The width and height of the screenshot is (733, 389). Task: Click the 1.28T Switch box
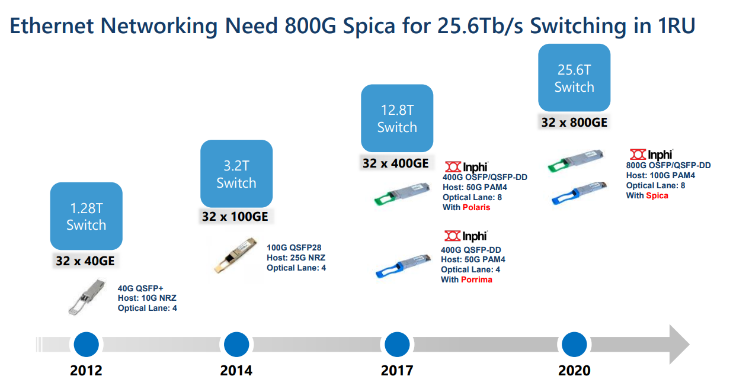tap(86, 216)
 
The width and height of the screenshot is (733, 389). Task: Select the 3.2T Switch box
tap(236, 173)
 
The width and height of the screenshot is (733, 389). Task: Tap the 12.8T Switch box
tap(397, 118)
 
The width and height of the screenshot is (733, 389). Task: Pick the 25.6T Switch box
tap(574, 78)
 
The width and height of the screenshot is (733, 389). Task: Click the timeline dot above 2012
tap(87, 344)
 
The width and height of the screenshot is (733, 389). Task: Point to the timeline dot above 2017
tap(397, 344)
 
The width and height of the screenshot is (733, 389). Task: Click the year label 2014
tap(236, 371)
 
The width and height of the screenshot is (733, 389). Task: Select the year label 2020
tap(574, 371)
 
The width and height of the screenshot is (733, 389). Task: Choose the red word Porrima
tap(476, 279)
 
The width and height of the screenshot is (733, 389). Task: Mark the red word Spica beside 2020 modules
tap(657, 195)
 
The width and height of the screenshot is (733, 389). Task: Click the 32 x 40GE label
tap(86, 261)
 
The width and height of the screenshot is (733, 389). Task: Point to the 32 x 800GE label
tap(574, 123)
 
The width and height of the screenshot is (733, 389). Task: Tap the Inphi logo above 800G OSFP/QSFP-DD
tap(651, 155)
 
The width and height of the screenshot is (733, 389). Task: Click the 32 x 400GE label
tap(395, 163)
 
